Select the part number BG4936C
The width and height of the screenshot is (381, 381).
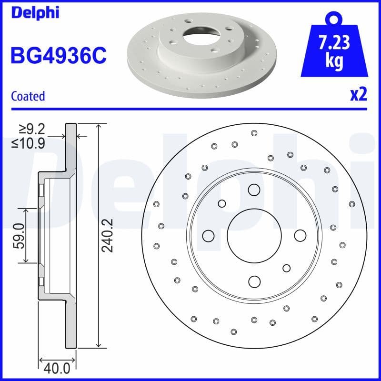tap(58, 56)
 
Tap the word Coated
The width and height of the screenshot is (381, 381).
tap(28, 96)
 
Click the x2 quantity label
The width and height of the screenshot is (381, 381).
tap(358, 95)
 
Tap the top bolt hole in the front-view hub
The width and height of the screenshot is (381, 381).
tap(254, 190)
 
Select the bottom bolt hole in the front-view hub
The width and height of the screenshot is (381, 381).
tap(254, 281)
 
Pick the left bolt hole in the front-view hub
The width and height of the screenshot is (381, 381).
tap(208, 236)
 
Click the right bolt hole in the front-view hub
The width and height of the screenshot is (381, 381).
tap(300, 236)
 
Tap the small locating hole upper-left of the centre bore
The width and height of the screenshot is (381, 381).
tap(222, 203)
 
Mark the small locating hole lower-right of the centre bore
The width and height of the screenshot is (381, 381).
tap(286, 268)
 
